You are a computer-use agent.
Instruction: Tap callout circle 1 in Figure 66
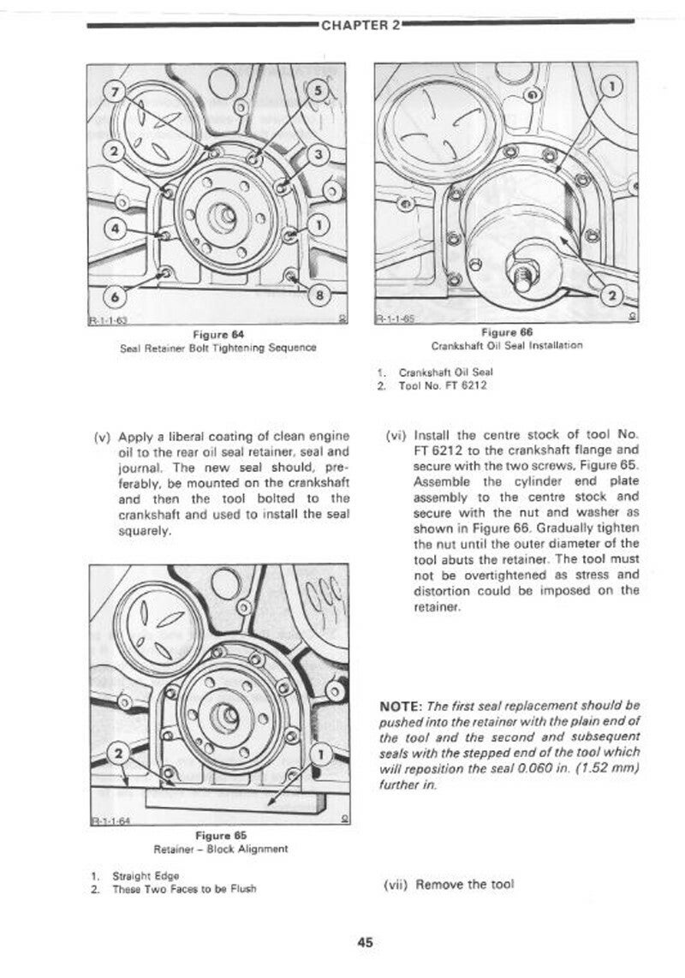(612, 86)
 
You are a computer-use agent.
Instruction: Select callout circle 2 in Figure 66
(613, 296)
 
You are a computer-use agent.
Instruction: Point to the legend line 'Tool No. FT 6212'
(443, 385)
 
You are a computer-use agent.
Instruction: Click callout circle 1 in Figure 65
(322, 754)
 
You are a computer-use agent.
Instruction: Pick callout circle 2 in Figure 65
(120, 754)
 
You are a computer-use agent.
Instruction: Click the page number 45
(366, 943)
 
